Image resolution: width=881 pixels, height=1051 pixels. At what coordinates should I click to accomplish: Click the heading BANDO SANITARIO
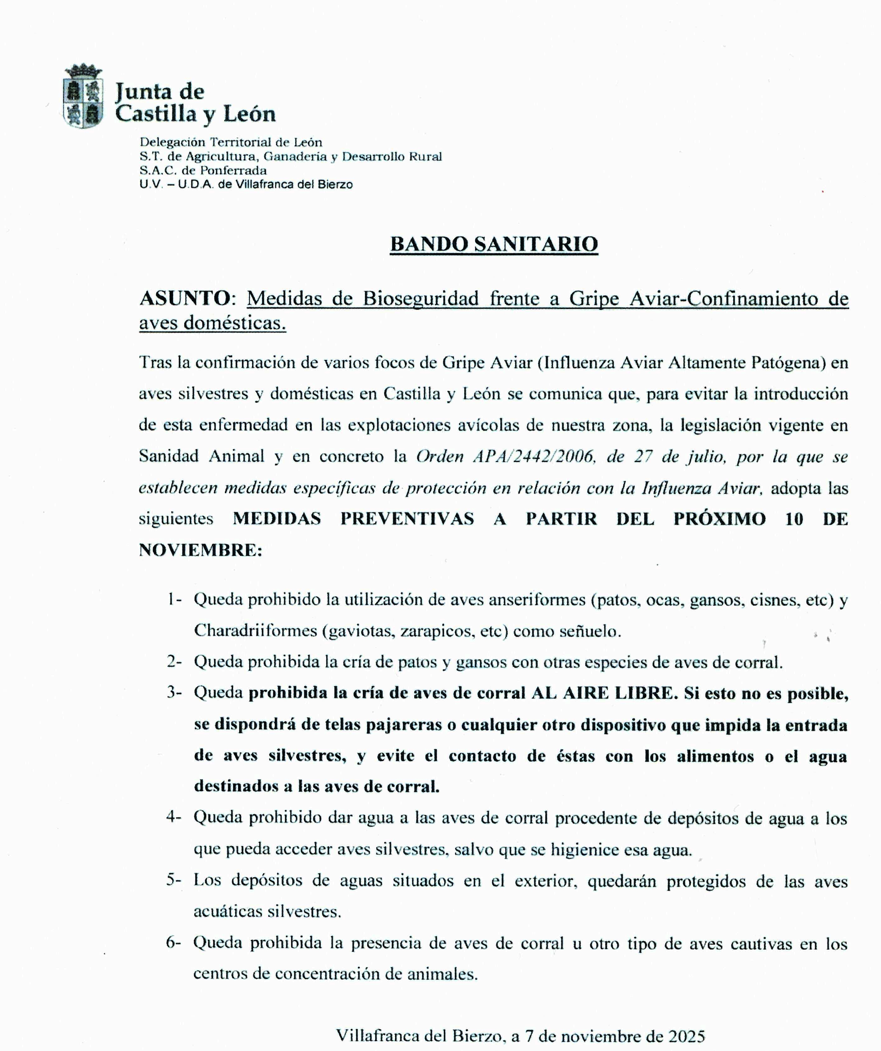494,244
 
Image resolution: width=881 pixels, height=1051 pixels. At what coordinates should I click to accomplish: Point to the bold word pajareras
404,725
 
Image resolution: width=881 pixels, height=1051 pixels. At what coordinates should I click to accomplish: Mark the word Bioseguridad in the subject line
420,299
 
